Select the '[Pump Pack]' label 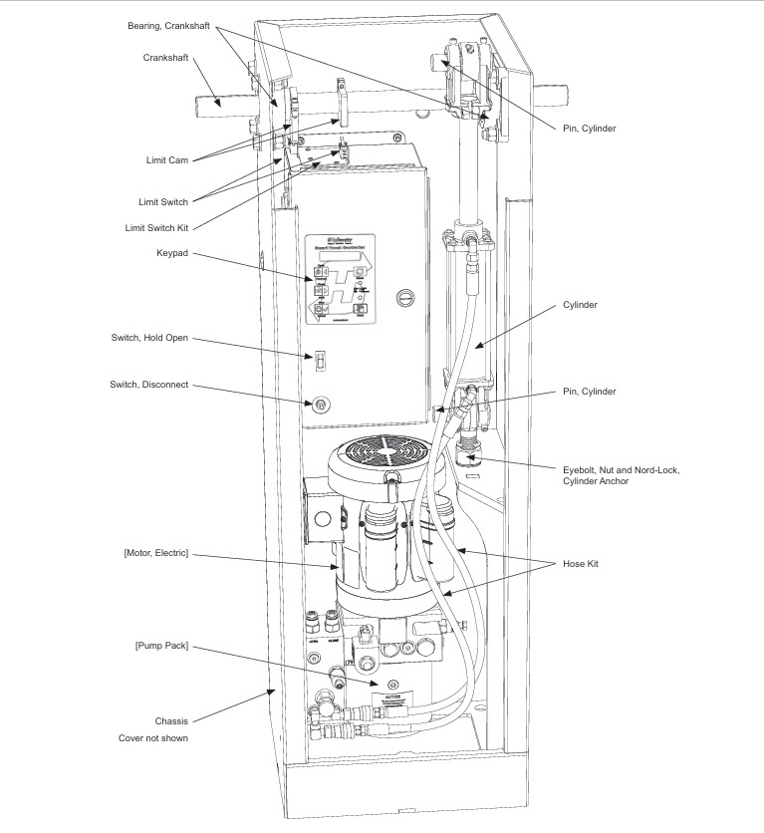click(160, 646)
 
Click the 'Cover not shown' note click(153, 738)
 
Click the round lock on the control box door click(403, 296)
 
